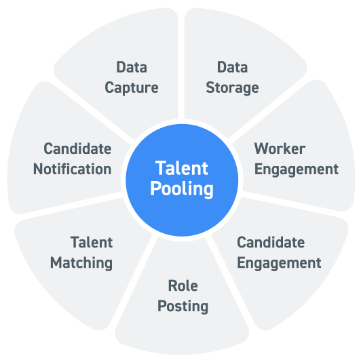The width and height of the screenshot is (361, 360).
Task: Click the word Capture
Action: (132, 88)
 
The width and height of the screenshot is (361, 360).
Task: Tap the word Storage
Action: (232, 88)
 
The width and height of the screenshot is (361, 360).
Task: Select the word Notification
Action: (73, 169)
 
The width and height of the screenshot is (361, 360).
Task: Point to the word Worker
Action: (280, 149)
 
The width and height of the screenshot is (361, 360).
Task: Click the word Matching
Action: (81, 263)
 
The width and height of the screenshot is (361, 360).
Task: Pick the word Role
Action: (183, 285)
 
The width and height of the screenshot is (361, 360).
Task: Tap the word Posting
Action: (183, 306)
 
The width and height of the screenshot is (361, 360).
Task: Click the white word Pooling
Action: (182, 189)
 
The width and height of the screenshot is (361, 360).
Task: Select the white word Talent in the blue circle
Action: (182, 168)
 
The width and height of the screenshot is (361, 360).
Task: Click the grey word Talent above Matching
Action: (92, 243)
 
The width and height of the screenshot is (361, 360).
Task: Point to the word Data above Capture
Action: (132, 67)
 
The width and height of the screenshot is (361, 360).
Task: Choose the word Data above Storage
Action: (232, 67)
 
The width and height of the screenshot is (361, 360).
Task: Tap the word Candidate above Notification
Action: (77, 148)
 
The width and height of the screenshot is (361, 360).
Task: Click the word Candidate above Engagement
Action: (271, 243)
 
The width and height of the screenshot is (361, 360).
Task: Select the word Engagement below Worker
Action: (297, 169)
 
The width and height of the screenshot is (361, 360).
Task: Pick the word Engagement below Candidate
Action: (279, 263)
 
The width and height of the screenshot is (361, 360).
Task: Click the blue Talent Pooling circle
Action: (182, 180)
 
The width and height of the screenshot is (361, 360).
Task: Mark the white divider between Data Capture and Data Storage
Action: (181, 64)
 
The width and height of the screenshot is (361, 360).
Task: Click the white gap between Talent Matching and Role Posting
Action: (132, 282)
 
